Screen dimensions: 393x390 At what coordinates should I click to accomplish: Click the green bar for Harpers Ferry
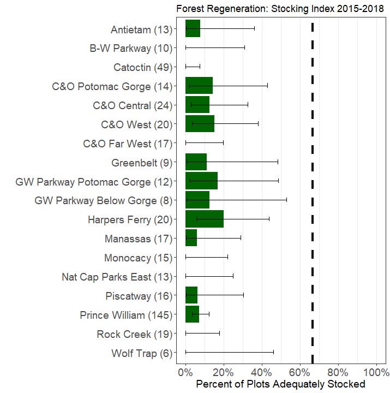pos(204,219)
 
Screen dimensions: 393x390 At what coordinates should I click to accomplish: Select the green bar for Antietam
pos(193,28)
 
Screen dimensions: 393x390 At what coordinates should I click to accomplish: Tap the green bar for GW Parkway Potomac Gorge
pos(201,181)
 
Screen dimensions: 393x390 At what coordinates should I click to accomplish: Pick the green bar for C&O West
pos(200,124)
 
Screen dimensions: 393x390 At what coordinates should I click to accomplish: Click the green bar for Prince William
pos(192,315)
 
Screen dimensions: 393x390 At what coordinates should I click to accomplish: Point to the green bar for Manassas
pos(191,239)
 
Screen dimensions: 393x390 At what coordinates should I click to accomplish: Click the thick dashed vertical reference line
pos(312,191)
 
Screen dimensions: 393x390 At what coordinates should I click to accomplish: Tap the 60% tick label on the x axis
pos(300,373)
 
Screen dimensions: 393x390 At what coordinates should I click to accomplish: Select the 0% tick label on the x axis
pos(185,373)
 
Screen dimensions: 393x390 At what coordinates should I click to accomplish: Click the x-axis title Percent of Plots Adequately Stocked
pos(280,385)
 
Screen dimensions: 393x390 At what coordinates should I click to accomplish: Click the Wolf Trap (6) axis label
pos(141,353)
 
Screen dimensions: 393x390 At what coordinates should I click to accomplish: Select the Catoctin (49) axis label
pos(142,67)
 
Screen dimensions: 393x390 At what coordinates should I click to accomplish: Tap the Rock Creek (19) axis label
pos(134,334)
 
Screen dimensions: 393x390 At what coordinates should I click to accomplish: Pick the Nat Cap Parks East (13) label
pos(117,277)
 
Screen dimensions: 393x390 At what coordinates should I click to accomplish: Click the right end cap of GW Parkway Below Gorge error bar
pos(286,200)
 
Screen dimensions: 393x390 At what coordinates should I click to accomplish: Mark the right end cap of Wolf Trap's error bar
pos(273,353)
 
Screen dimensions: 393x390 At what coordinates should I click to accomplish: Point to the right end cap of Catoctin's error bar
pos(200,67)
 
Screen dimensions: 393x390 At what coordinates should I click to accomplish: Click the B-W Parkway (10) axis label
pos(130,48)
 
